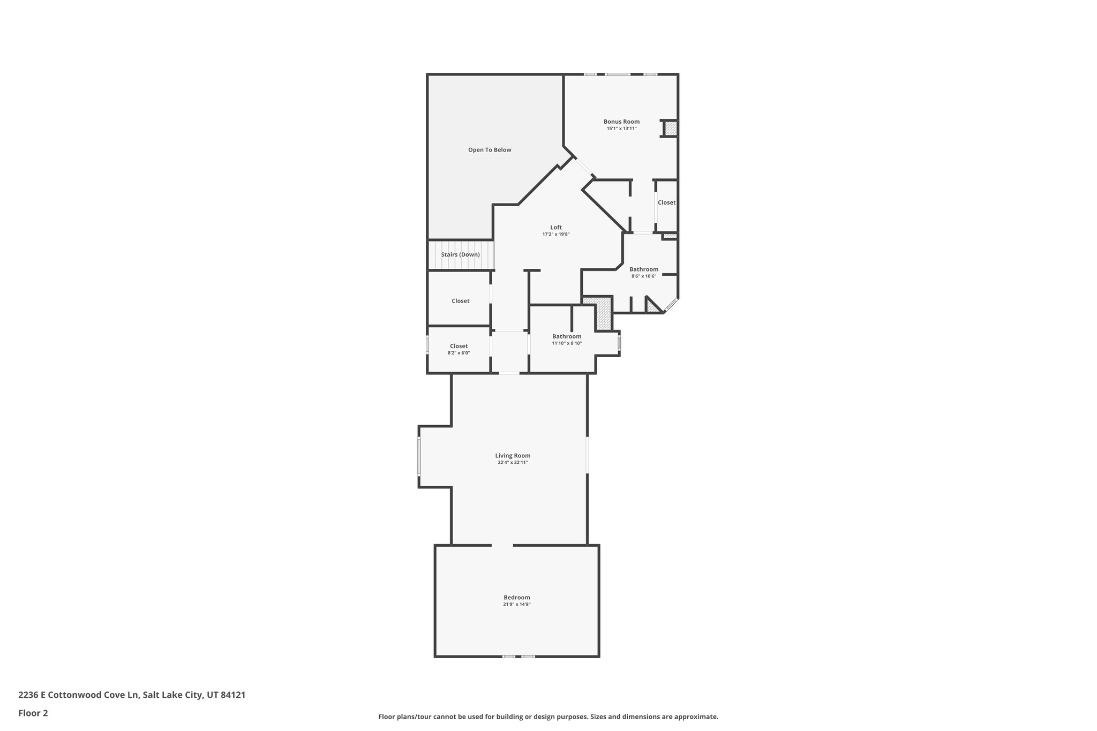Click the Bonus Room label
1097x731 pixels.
[x=621, y=122]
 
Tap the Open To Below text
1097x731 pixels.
[x=490, y=150]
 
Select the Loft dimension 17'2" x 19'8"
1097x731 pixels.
[x=555, y=235]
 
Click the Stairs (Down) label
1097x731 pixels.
[x=460, y=254]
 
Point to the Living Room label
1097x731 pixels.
[x=513, y=456]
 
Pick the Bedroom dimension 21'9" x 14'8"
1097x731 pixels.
[x=516, y=605]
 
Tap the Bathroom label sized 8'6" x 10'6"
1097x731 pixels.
[x=644, y=269]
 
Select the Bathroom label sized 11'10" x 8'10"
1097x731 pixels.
[x=567, y=336]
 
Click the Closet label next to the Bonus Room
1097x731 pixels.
[x=666, y=202]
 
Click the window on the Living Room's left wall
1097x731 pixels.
[x=419, y=456]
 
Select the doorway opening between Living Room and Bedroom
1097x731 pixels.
[x=502, y=545]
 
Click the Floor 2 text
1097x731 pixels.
[x=33, y=713]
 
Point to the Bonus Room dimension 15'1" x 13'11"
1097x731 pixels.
[x=621, y=129]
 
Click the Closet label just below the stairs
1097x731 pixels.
[x=460, y=301]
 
